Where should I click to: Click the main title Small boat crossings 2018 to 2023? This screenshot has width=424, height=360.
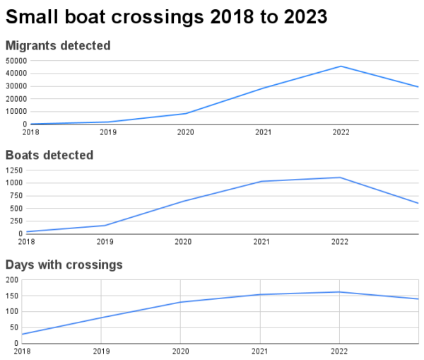pyautogui.click(x=166, y=17)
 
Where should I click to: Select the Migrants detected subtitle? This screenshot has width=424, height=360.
pyautogui.click(x=58, y=45)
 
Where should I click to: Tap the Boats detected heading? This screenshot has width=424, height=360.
pyautogui.click(x=49, y=155)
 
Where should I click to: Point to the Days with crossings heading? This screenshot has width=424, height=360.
pyautogui.click(x=64, y=265)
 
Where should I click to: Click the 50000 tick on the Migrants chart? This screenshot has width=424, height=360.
pyautogui.click(x=16, y=61)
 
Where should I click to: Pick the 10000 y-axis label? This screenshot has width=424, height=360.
pyautogui.click(x=16, y=112)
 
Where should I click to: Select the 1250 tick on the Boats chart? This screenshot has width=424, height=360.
pyautogui.click(x=14, y=170)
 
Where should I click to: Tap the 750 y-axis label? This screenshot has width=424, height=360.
pyautogui.click(x=16, y=196)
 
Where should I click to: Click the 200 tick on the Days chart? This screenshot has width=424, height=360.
pyautogui.click(x=12, y=280)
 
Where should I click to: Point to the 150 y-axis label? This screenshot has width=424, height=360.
pyautogui.click(x=12, y=296)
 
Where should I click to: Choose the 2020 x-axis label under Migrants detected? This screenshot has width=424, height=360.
pyautogui.click(x=185, y=132)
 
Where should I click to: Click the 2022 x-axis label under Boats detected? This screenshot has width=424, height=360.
pyautogui.click(x=340, y=242)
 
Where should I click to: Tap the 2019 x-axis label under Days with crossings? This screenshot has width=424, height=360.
pyautogui.click(x=101, y=352)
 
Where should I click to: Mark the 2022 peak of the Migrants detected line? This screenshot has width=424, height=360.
pyautogui.click(x=341, y=66)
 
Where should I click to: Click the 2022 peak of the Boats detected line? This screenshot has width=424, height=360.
pyautogui.click(x=340, y=178)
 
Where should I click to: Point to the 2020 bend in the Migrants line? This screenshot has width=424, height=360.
pyautogui.click(x=186, y=113)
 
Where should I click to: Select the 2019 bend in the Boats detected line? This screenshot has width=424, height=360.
pyautogui.click(x=105, y=226)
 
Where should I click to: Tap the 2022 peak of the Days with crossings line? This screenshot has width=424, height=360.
pyautogui.click(x=339, y=292)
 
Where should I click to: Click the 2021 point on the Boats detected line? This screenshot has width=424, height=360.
pyautogui.click(x=261, y=181)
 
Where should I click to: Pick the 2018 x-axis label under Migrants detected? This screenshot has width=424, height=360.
pyautogui.click(x=30, y=132)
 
